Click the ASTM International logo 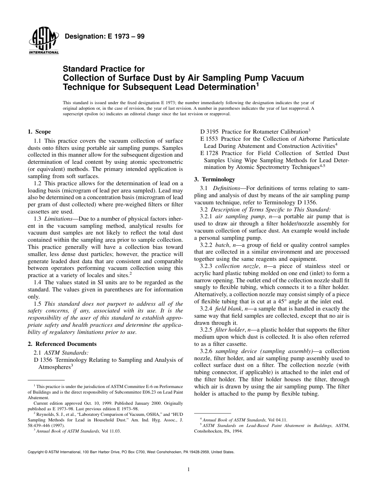coord(43,42)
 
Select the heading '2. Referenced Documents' coord(62,344)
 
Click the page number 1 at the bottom coord(189,470)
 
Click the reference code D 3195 coord(210,132)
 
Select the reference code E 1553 coord(210,139)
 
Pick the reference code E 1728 coord(210,153)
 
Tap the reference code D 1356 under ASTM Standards coord(44,360)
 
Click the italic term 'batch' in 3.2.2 coord(222,245)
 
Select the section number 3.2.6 coord(207,351)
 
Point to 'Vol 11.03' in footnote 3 coord(111,431)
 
